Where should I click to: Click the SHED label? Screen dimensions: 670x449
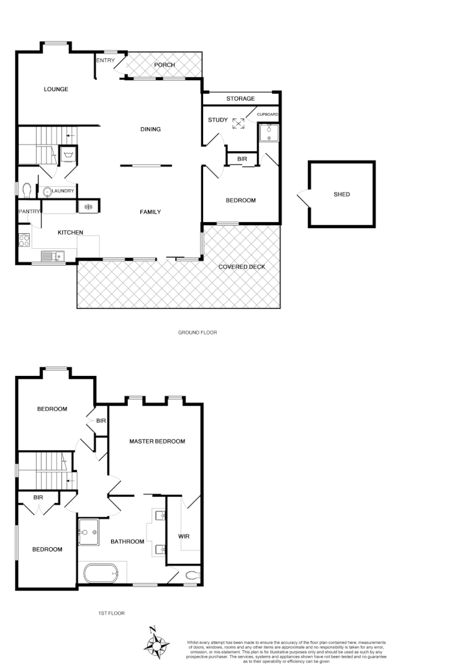point(342,195)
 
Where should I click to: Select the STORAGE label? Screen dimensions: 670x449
point(240,99)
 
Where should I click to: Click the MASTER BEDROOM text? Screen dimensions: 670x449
point(157,442)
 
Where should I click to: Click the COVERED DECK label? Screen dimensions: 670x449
point(242,267)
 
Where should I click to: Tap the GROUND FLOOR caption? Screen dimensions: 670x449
point(197,333)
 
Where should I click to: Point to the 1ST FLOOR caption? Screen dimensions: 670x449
point(112,613)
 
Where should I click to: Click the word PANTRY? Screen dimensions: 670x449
point(29,212)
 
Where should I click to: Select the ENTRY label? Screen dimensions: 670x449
point(105,60)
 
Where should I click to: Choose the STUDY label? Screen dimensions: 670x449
point(217,120)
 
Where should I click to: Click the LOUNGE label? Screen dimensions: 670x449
point(56,89)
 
